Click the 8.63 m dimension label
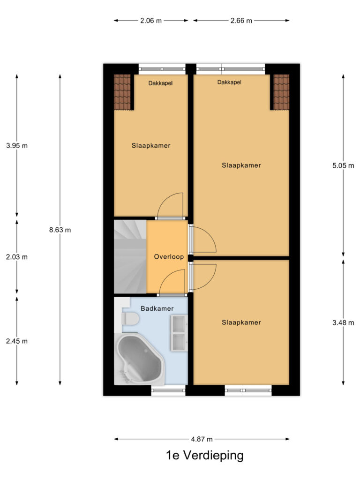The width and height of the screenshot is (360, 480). pos(60,230)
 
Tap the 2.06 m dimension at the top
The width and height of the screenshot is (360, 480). pos(151,21)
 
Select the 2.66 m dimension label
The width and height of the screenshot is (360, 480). pos(241,21)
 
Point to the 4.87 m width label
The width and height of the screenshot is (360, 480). pos(202,439)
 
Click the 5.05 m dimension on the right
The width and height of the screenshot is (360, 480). pos(344,165)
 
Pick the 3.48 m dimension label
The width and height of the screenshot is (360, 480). pos(344,322)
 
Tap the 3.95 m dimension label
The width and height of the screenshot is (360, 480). pos(17,145)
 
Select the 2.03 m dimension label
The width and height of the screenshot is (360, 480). pos(17,257)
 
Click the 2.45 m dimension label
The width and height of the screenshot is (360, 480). pos(17,341)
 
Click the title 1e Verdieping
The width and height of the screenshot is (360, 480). pos(204,455)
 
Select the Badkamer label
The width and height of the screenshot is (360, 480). pos(157,308)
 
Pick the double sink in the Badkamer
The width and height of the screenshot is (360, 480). pos(179,333)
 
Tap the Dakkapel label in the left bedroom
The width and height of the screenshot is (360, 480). pos(160,83)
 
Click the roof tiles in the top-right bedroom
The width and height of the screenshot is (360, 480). pos(281,92)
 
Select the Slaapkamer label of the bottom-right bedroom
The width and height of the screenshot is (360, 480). pos(241,322)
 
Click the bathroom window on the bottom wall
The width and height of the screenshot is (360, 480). pos(168,390)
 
